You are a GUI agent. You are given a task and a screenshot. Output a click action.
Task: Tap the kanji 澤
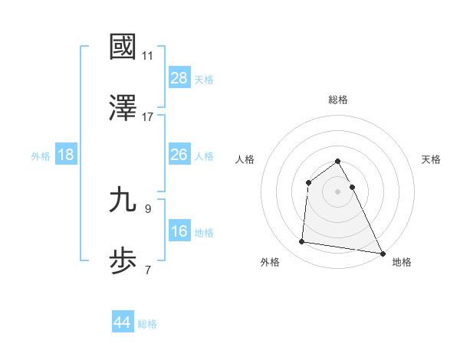[123, 109]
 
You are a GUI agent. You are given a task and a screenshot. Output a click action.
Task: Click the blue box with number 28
[179, 78]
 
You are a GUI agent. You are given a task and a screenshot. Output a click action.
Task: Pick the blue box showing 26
[179, 155]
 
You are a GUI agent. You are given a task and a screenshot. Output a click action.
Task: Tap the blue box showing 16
[179, 231]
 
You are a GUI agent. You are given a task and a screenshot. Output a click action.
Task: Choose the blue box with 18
[66, 155]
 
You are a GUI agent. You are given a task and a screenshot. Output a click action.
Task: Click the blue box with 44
[122, 322]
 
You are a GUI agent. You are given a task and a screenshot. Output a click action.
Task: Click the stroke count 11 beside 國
[147, 56]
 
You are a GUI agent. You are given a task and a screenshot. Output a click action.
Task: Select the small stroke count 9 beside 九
[147, 208]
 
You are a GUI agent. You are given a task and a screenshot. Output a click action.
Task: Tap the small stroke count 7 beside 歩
[147, 270]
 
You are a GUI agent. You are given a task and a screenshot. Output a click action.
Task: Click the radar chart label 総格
[338, 100]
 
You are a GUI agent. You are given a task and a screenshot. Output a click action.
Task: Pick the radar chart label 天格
[432, 159]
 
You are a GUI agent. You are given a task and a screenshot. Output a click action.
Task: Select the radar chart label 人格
[245, 159]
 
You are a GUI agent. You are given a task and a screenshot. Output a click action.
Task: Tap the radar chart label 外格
[270, 262]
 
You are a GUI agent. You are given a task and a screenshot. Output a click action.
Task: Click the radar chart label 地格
[402, 262]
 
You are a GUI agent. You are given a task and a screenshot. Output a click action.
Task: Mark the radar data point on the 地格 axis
[383, 253]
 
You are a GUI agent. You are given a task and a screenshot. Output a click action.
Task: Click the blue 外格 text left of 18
[41, 155]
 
